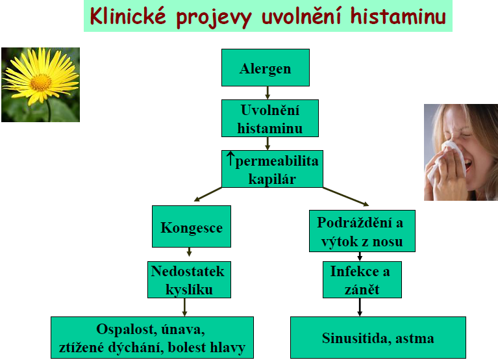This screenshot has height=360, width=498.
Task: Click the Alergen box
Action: click(x=266, y=68)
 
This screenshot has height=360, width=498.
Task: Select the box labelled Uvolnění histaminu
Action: click(x=270, y=118)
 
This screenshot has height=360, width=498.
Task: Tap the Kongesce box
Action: click(x=192, y=226)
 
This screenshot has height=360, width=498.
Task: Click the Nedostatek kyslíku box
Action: click(x=190, y=279)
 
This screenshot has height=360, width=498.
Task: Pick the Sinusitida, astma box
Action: click(x=378, y=337)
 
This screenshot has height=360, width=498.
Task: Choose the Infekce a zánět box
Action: click(x=362, y=279)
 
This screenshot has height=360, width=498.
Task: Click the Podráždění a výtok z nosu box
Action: click(x=362, y=231)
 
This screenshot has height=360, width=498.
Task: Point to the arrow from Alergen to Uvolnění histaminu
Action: click(x=268, y=92)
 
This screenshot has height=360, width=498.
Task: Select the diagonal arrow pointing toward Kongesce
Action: click(x=208, y=194)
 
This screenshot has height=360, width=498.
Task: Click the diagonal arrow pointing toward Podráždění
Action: click(x=346, y=197)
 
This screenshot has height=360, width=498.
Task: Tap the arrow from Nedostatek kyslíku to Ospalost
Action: click(x=184, y=307)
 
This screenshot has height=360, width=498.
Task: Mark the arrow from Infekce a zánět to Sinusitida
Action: click(x=360, y=307)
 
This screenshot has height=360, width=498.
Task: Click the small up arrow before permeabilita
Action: click(x=230, y=159)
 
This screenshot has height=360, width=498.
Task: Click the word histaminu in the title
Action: click(x=398, y=16)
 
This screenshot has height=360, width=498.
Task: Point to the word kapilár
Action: click(x=272, y=179)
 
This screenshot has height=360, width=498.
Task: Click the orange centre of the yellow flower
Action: click(x=41, y=83)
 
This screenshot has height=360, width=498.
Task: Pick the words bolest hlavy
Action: click(x=206, y=347)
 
